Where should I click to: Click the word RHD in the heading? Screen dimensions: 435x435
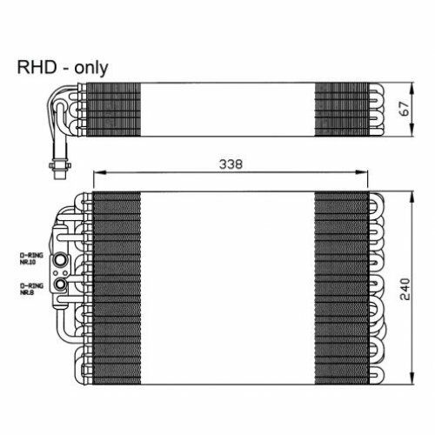(37, 67)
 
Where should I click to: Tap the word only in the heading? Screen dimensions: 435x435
(91, 69)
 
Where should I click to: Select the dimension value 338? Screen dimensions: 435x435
(231, 164)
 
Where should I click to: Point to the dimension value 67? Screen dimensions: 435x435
(405, 109)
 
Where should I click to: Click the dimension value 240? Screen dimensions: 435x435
(405, 289)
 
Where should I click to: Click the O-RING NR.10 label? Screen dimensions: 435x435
(31, 258)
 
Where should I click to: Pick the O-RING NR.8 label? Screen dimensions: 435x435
(31, 289)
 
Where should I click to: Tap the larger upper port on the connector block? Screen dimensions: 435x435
(60, 259)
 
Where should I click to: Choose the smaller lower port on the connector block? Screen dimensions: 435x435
(61, 284)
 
